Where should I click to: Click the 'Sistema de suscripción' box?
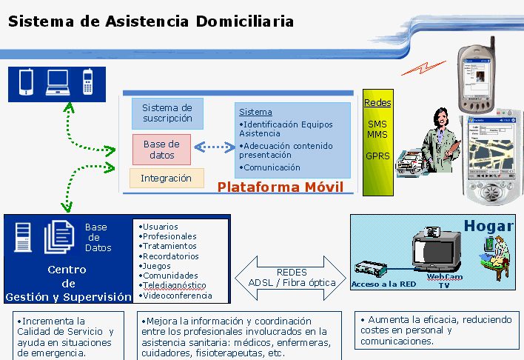(x=167, y=113)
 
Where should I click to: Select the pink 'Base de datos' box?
(x=161, y=150)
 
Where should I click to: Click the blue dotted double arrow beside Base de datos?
(x=214, y=147)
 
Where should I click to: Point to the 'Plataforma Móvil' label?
(x=280, y=187)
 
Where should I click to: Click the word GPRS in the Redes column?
(x=377, y=156)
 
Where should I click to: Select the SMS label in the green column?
(x=377, y=124)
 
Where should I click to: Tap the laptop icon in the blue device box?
(x=58, y=82)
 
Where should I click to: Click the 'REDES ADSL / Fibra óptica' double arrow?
(x=291, y=277)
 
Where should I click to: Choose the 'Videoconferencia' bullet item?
(x=176, y=295)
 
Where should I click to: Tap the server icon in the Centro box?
(x=22, y=237)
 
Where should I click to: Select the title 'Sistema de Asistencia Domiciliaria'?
(x=151, y=21)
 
